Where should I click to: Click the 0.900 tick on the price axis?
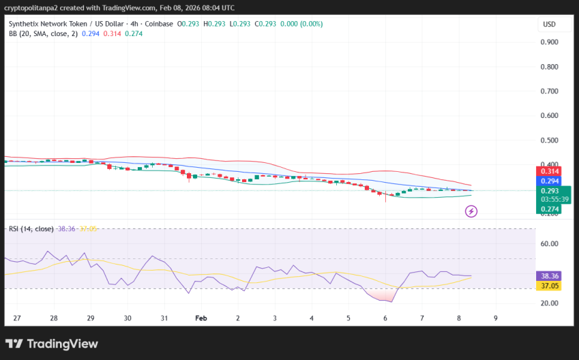coord(550,42)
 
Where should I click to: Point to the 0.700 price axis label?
coord(550,91)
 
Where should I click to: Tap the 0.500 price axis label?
coord(550,140)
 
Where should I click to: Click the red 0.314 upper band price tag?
coord(549,172)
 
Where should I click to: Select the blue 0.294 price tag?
coord(549,181)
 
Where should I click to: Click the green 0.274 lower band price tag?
coord(549,209)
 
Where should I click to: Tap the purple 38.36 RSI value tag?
coord(549,276)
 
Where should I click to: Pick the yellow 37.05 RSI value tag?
coord(549,286)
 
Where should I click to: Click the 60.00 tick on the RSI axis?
coord(550,244)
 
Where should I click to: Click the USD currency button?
coord(549,25)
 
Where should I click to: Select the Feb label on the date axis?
coord(201,318)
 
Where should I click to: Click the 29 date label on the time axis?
coord(91,318)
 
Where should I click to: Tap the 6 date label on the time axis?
coord(385,318)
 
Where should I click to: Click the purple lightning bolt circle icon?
coord(471,211)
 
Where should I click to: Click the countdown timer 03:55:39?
coord(549,199)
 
